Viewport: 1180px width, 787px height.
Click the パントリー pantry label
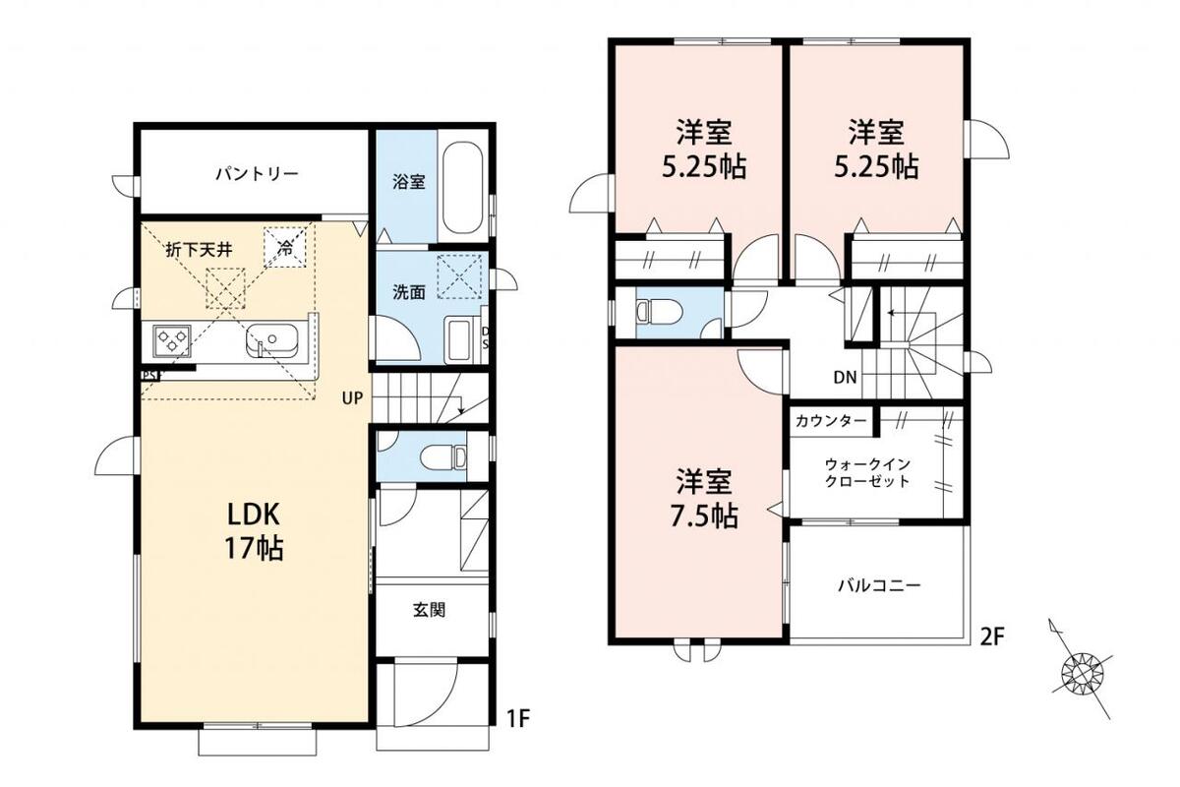coord(257,173)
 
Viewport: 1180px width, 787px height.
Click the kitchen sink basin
coord(271,339)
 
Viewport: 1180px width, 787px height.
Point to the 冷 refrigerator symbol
coord(285,247)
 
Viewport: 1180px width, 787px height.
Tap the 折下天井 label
coord(199,250)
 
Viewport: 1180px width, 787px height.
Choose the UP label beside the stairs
coord(352,398)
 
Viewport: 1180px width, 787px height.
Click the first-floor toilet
coord(443,456)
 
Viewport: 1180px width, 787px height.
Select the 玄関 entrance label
coord(429,610)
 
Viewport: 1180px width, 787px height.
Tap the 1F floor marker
coord(518,719)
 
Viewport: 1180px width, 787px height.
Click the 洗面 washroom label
coord(409,292)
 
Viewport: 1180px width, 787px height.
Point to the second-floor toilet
coord(660,312)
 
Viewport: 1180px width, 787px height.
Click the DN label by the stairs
coord(845,377)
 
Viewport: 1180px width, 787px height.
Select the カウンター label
coord(831,421)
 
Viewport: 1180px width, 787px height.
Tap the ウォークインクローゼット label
coord(867,473)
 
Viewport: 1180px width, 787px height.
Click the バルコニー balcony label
coord(879,585)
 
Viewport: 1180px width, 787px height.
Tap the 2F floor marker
coord(992,637)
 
